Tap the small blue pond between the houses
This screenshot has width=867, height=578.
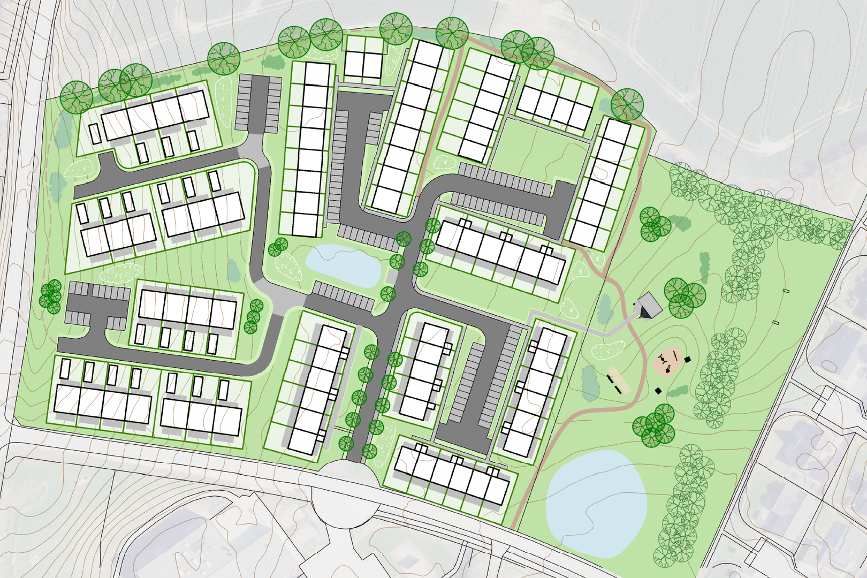click(x=343, y=264)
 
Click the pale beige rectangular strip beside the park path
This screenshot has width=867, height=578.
click(x=618, y=380)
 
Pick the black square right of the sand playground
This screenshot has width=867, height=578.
click(x=688, y=359)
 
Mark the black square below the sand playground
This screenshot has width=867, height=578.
click(x=658, y=391)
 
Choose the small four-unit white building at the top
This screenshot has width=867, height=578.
click(x=363, y=64)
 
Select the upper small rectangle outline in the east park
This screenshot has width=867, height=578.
click(x=786, y=291)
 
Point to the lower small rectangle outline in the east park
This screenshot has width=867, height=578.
click(x=776, y=323)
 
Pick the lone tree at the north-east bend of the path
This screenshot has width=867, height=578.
click(x=627, y=104)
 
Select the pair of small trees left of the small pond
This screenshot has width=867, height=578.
click(x=277, y=247)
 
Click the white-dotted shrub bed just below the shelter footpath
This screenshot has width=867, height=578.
click(x=607, y=351)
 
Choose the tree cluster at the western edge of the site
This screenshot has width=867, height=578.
click(x=51, y=296)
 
